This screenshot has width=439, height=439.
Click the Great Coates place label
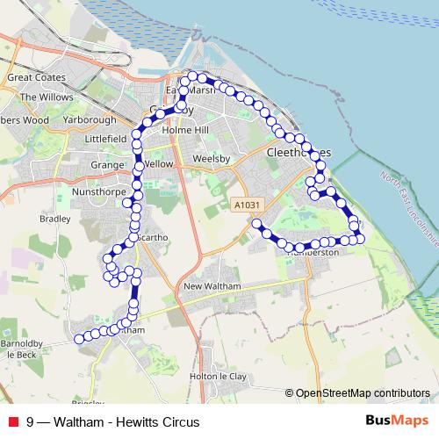point(32,78)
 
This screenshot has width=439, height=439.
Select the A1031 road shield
point(248,205)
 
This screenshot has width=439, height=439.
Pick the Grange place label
point(106,164)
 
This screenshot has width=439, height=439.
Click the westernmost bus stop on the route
point(78,339)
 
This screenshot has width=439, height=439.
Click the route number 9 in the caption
point(32,421)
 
